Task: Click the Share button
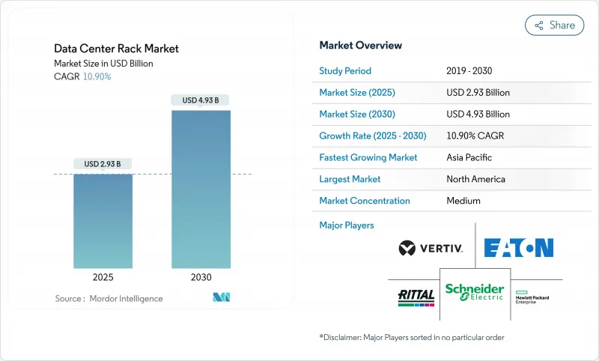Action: click(555, 25)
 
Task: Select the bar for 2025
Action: click(103, 221)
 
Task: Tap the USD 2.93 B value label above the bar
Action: click(103, 164)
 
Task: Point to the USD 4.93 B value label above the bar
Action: click(201, 100)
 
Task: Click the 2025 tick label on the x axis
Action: click(103, 277)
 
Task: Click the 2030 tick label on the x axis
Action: click(201, 277)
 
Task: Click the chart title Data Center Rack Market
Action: click(116, 49)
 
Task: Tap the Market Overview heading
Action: click(360, 46)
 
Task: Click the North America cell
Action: click(475, 180)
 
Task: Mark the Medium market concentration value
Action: click(463, 201)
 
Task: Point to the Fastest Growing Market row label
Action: click(368, 158)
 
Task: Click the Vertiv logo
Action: click(431, 248)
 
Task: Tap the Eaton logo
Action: click(519, 248)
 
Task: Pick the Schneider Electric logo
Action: click(475, 292)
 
